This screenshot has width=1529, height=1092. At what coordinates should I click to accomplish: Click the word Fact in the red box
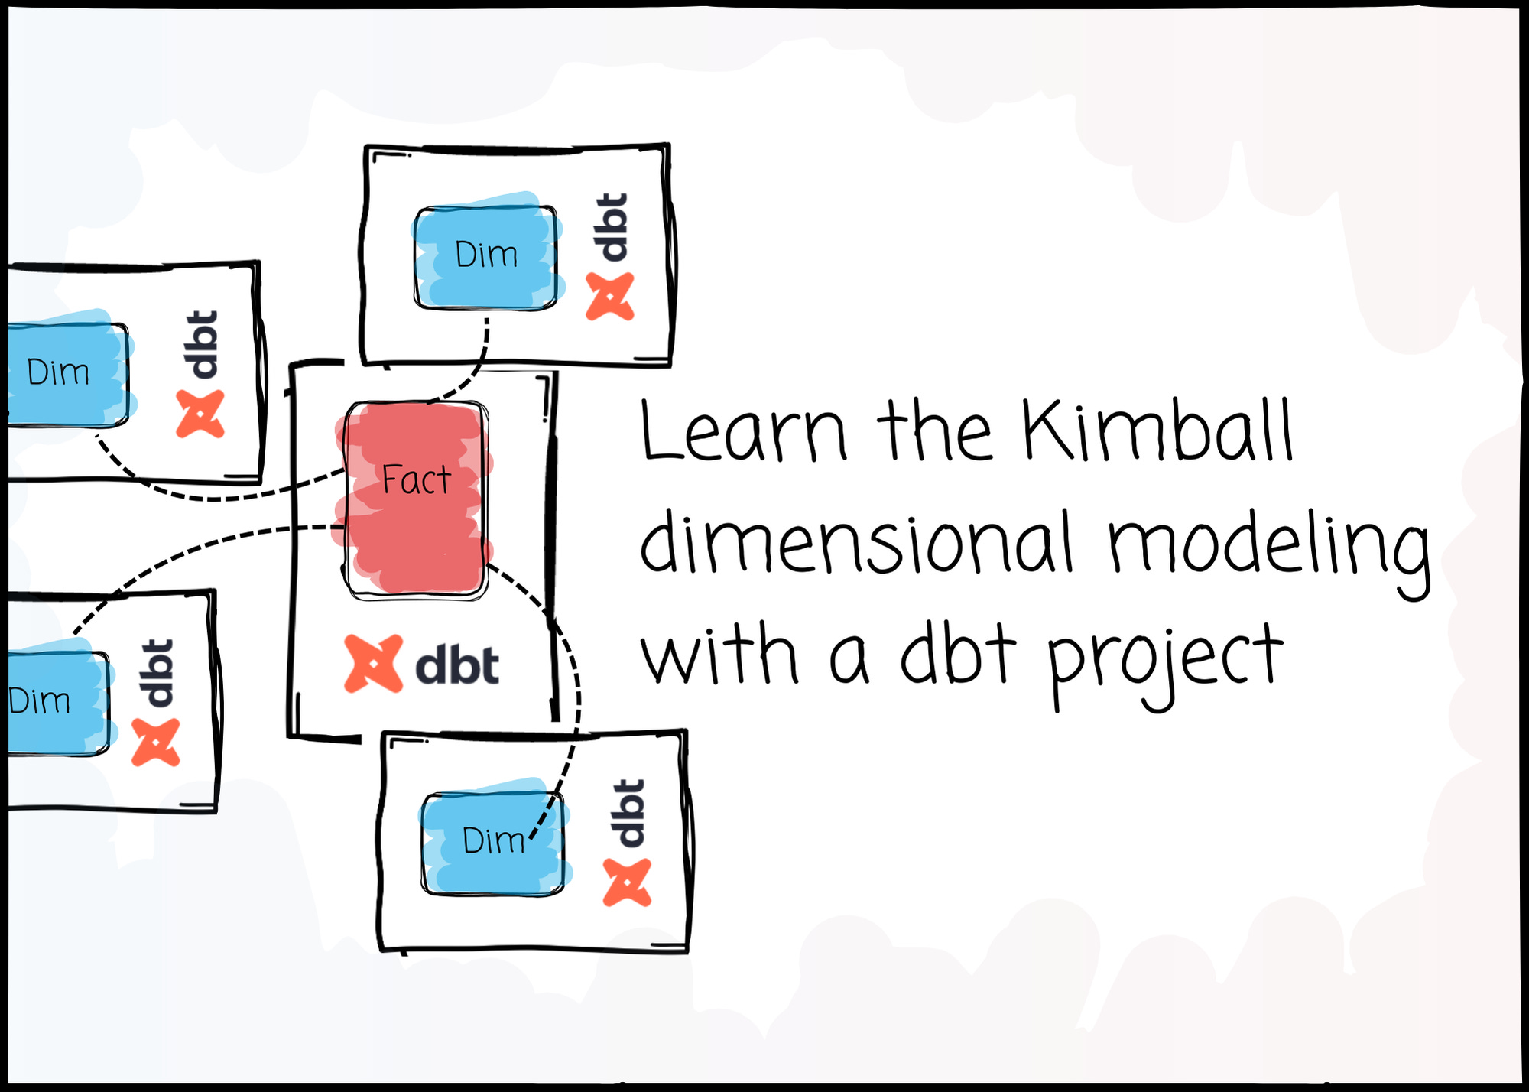pyautogui.click(x=417, y=480)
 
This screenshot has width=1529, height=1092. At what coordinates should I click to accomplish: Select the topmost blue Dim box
pyautogui.click(x=485, y=256)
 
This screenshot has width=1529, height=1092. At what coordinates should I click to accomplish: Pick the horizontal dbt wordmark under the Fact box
pyautogui.click(x=457, y=665)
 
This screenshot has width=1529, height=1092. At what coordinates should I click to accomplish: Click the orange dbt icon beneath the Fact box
pyautogui.click(x=373, y=664)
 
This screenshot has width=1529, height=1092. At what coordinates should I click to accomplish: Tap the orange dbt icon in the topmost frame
pyautogui.click(x=610, y=297)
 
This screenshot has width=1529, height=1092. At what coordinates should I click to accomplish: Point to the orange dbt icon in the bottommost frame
pyautogui.click(x=627, y=882)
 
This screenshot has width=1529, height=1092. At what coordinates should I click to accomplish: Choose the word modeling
pyautogui.click(x=1269, y=547)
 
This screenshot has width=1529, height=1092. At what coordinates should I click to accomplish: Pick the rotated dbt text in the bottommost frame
pyautogui.click(x=629, y=813)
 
